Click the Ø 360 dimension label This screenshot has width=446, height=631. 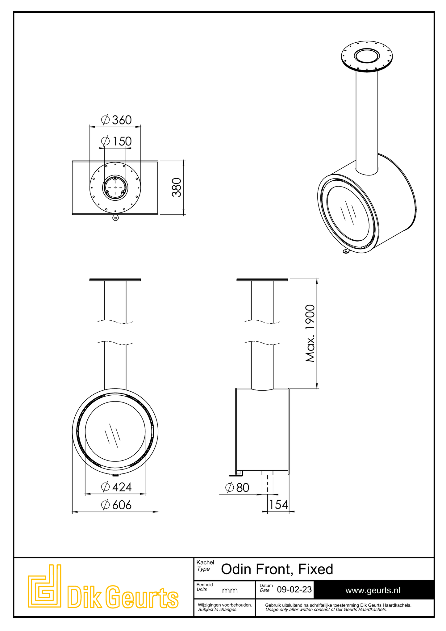pyautogui.click(x=116, y=120)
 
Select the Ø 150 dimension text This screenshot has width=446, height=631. pyautogui.click(x=116, y=141)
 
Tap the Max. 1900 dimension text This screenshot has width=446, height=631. pyautogui.click(x=310, y=333)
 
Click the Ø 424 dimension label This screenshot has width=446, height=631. pyautogui.click(x=116, y=487)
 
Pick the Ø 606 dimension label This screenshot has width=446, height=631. pyautogui.click(x=116, y=505)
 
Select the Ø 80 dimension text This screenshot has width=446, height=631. pyautogui.click(x=237, y=488)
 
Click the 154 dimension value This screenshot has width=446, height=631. pyautogui.click(x=278, y=505)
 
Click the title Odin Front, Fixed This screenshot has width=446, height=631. pyautogui.click(x=277, y=569)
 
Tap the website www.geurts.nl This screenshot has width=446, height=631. pyautogui.click(x=373, y=590)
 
